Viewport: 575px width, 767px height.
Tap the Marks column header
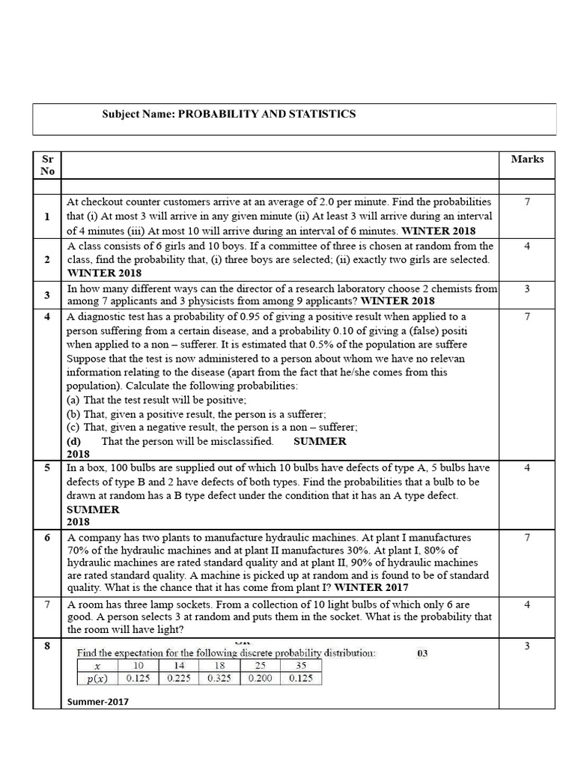point(527,159)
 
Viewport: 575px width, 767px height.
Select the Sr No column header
point(47,165)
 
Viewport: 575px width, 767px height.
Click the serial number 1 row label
point(47,216)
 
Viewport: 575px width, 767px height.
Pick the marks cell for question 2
point(527,246)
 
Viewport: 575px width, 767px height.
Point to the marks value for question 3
point(527,288)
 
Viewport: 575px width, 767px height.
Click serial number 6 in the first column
point(47,538)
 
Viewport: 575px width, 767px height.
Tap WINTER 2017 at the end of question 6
point(371,587)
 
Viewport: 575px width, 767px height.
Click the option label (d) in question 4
point(73,441)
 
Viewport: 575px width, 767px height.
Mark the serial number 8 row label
point(47,646)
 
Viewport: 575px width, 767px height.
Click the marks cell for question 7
point(527,604)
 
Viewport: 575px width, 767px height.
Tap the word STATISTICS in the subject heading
point(318,114)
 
